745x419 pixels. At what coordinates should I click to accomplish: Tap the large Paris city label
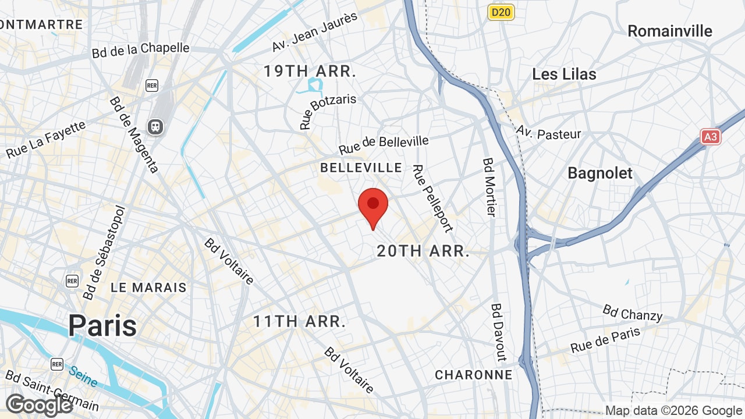click(x=102, y=326)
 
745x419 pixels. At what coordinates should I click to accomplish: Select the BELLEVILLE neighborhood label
click(x=361, y=168)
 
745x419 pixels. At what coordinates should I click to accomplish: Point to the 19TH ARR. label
click(x=310, y=72)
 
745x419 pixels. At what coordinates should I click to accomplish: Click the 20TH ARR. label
click(x=423, y=251)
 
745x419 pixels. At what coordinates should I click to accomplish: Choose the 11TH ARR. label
click(x=300, y=321)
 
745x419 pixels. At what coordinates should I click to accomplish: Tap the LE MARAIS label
click(x=149, y=287)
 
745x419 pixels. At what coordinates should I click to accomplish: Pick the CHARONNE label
click(x=474, y=375)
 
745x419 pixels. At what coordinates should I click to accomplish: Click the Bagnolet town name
click(x=600, y=173)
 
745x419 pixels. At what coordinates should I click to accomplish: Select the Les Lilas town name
click(x=564, y=74)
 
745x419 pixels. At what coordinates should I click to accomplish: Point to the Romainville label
click(x=670, y=31)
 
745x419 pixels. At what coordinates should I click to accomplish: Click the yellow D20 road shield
click(x=501, y=12)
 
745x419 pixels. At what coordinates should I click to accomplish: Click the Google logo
click(x=39, y=405)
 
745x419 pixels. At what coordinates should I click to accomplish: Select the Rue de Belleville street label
click(x=384, y=144)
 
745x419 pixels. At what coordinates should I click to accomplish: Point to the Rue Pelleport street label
click(x=432, y=198)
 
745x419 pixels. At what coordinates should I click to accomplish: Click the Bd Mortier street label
click(x=489, y=187)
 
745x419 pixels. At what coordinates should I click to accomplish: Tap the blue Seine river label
click(x=83, y=376)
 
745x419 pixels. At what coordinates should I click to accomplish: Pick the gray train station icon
click(x=155, y=126)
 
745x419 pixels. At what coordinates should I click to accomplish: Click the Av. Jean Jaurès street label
click(x=314, y=32)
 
